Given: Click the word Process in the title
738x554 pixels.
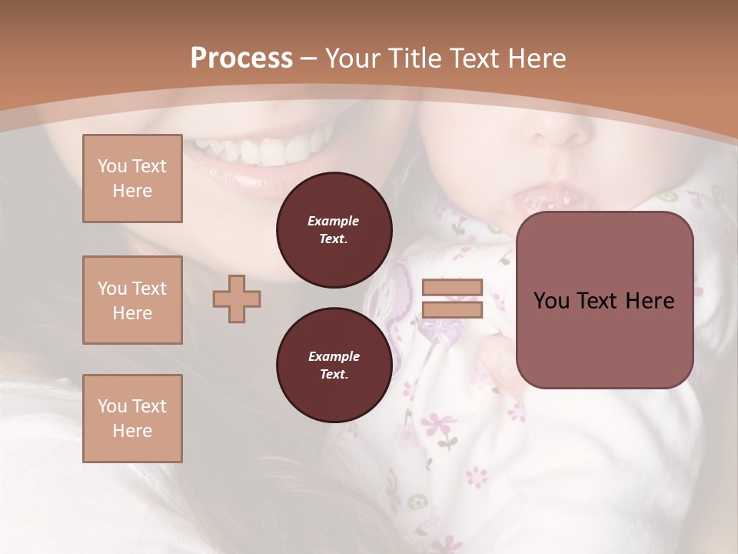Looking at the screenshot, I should point(241,58).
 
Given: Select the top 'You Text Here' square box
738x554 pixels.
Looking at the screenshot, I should point(132,179).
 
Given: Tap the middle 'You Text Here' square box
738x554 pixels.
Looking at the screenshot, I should point(132,300).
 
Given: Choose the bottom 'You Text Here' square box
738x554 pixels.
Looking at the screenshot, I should point(132,419).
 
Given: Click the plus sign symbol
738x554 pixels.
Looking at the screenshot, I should point(237,299).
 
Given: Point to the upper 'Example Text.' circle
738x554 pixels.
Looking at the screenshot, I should point(334,230).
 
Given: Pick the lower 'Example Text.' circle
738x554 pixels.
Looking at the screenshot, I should point(334,365).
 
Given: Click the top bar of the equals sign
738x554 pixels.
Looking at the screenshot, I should point(452,288).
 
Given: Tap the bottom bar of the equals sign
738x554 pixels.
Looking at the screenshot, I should point(452,310).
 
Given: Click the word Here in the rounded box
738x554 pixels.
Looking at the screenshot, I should point(650,301).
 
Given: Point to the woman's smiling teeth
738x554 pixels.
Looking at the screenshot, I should point(261,149).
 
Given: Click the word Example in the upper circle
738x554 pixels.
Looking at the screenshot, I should point(334,221).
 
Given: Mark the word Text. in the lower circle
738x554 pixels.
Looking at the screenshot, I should point(334,375).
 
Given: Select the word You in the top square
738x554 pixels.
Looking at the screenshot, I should point(111,166).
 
